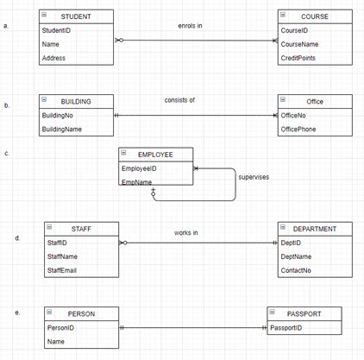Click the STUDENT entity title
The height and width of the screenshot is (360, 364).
[x=76, y=16]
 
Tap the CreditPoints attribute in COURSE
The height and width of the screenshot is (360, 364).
[x=299, y=58]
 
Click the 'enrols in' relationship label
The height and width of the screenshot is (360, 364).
[x=190, y=26]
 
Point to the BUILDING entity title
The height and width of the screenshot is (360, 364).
[x=76, y=101]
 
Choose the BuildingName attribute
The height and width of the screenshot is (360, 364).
[x=62, y=129]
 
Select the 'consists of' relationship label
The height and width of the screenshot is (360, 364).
[x=179, y=100]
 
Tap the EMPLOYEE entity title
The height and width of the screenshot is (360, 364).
[x=155, y=155]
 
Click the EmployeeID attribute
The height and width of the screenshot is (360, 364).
[x=141, y=168]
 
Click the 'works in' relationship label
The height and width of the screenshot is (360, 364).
[x=186, y=233]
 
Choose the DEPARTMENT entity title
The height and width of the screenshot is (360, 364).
[x=321, y=229]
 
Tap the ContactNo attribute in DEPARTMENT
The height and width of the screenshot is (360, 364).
[x=296, y=271]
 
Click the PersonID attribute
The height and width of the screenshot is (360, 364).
[x=60, y=328]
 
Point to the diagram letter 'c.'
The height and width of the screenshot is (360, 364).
[x=7, y=154]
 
